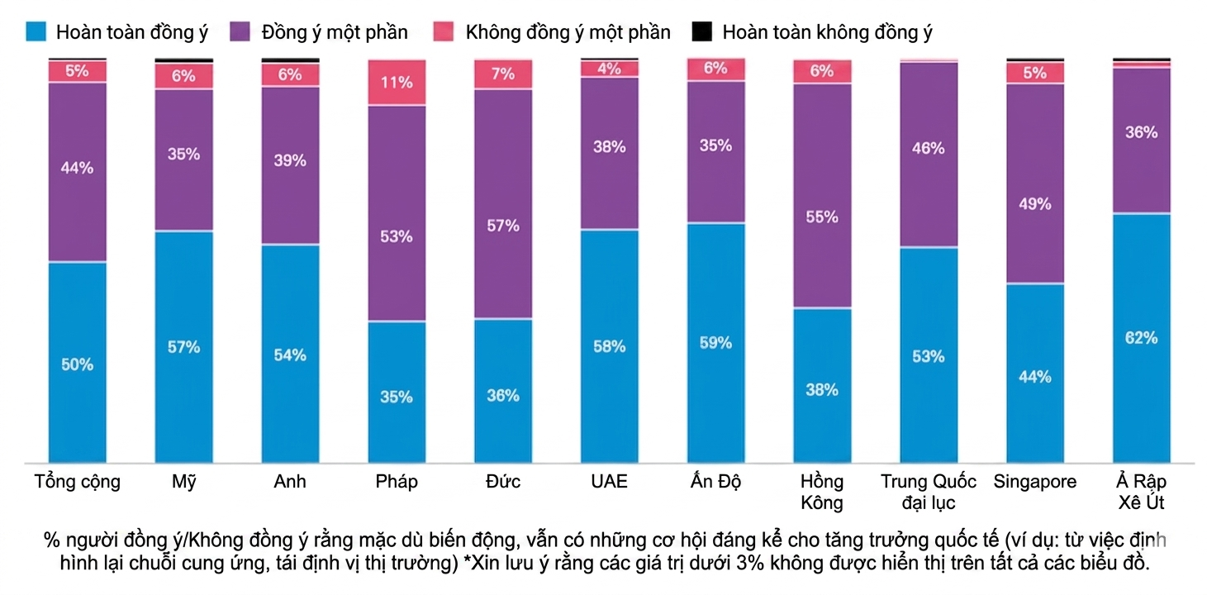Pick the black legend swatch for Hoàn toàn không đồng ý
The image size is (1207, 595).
point(701,32)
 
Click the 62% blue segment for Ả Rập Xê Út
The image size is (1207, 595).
point(1141,338)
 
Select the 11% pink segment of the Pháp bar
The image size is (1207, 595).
point(397,83)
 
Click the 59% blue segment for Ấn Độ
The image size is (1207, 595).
point(715,342)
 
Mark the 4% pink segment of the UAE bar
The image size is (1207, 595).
point(609,69)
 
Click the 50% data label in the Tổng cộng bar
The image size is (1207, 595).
point(77,364)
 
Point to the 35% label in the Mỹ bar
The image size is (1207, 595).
point(183,154)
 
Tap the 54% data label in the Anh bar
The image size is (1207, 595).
point(290,355)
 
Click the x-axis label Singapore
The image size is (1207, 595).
point(1035,482)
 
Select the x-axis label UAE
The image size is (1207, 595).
point(609,482)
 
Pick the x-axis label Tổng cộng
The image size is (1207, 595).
point(77,482)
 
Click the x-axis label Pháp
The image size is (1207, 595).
point(397,482)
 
